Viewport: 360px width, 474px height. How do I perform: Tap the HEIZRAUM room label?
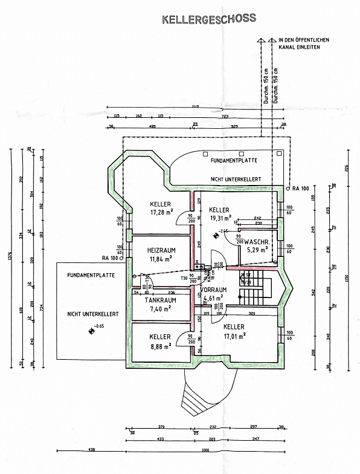click(x=152, y=250)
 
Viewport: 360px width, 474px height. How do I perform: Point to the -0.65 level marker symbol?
click(x=92, y=330)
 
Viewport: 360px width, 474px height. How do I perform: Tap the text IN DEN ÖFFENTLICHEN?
click(x=303, y=40)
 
